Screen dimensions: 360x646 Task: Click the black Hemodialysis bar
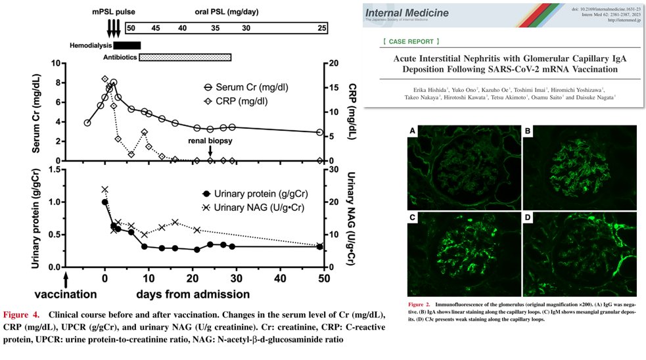(127, 45)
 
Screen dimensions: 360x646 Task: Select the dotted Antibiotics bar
(185, 58)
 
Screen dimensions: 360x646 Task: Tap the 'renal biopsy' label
(211, 140)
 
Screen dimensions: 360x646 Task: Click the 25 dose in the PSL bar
(322, 29)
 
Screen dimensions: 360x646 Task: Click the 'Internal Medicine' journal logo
(407, 12)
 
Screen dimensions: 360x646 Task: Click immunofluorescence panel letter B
(528, 131)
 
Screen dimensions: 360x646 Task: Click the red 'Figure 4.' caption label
(22, 314)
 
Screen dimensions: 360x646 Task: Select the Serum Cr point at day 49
(320, 132)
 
